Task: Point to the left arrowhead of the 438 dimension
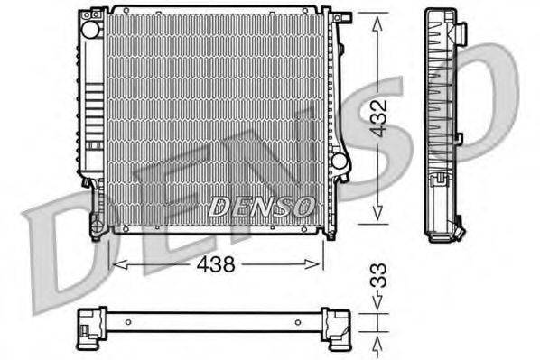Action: point(113,264)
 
